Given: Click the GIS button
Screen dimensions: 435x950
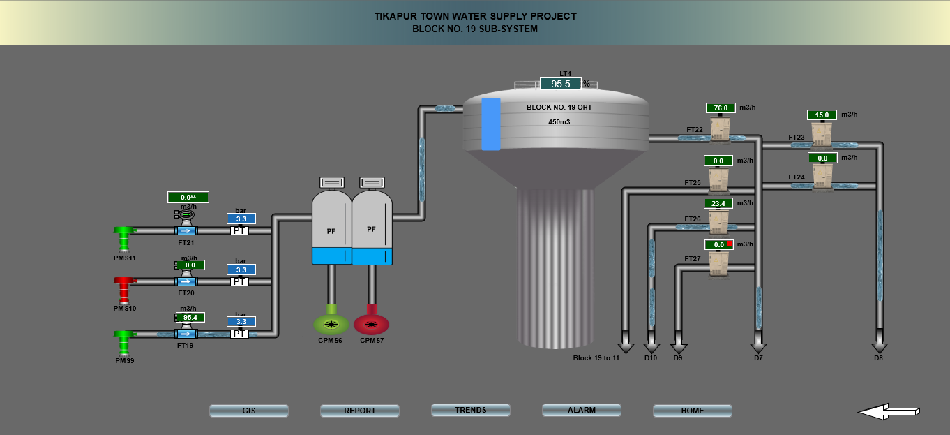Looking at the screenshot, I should coord(249,411).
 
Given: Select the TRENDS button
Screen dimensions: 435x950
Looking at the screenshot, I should coord(471,411).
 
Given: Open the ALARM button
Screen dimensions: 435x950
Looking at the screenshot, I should coord(582,411).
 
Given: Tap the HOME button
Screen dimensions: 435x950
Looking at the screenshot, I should coord(693,411).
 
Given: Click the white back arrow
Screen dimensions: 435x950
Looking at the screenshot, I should coord(889,412).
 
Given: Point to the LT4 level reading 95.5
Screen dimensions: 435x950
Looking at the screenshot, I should coord(561,84).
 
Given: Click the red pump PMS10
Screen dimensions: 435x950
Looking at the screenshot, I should coord(125,288).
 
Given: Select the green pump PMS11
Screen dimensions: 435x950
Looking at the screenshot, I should coord(125,237).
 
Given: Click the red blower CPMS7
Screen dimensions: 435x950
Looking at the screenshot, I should coord(371,324).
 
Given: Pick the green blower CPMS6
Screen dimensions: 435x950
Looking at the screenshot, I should coord(331,324).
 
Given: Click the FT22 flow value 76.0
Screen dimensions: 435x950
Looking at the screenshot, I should coord(721,108).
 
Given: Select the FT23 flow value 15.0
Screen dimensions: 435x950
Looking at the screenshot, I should coord(822,115).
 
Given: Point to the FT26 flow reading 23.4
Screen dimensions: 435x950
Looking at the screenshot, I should coord(718,204).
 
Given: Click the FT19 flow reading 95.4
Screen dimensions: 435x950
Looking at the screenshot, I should coord(190,318).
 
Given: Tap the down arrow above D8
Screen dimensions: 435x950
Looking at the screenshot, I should coord(880,346).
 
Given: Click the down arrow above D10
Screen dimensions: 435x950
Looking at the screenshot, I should coord(651,346).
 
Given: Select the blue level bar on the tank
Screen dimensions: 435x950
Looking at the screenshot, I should coord(491,124).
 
